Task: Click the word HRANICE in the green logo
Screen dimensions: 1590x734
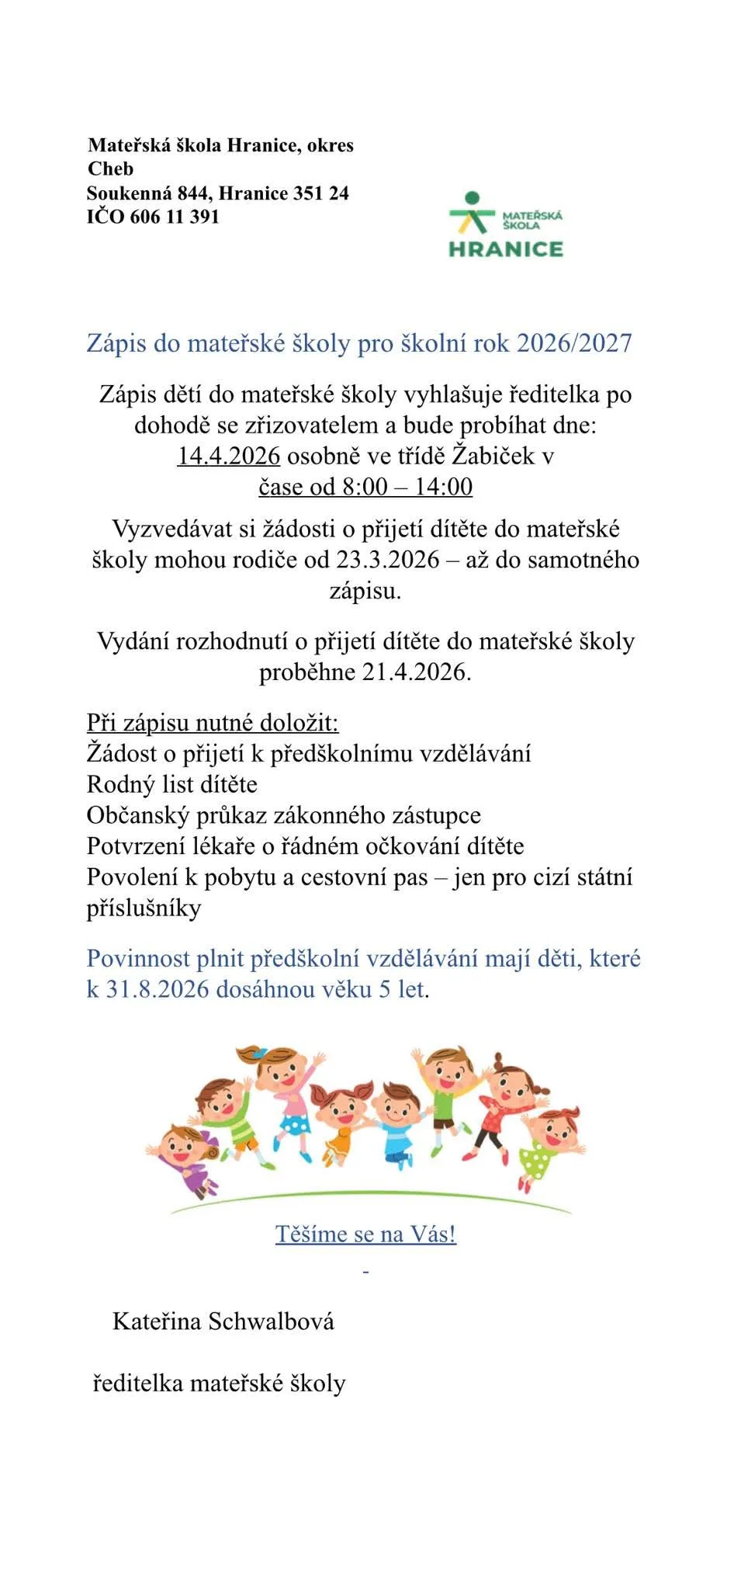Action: coord(505,248)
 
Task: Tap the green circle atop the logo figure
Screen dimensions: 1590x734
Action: coord(472,199)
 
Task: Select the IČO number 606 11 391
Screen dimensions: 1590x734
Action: coord(175,217)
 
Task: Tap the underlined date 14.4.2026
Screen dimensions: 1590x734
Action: coord(229,456)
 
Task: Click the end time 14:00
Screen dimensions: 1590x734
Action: coord(443,487)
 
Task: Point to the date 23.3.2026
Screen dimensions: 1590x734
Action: coord(388,560)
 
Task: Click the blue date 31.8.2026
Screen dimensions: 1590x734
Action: coord(158,989)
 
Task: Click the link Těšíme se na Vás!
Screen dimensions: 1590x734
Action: coord(365,1234)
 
